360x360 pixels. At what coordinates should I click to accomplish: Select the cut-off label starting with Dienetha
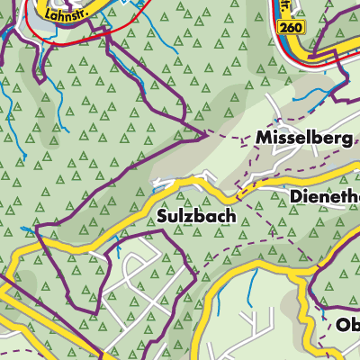pos(324,195)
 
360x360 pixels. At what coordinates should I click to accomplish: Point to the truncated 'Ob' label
pos(347,325)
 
